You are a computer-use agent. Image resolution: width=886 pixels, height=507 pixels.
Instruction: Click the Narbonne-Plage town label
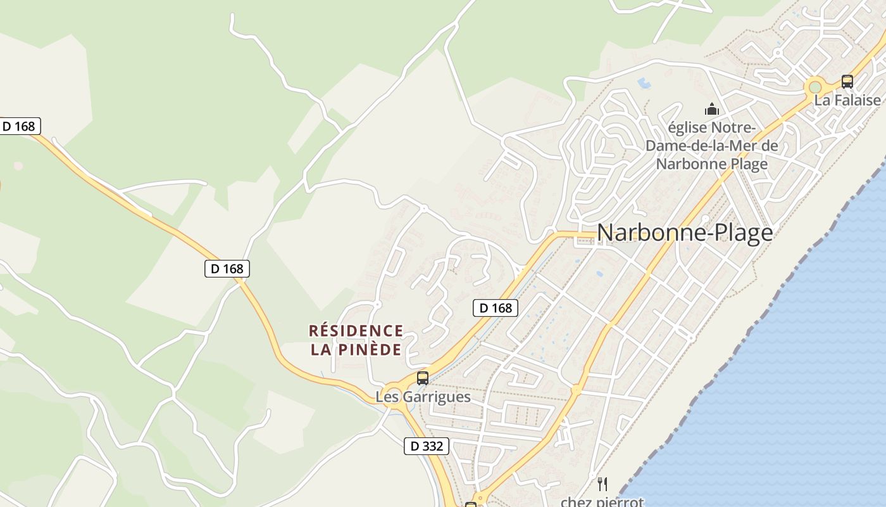point(685,233)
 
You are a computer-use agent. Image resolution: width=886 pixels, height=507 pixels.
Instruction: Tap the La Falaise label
point(847,100)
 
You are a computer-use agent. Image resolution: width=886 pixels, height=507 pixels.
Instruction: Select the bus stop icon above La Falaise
point(847,81)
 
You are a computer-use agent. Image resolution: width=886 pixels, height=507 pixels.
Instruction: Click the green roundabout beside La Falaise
point(815,87)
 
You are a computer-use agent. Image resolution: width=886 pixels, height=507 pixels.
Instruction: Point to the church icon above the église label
point(712,109)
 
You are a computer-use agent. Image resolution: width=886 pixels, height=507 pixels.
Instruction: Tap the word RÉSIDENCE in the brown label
point(356,331)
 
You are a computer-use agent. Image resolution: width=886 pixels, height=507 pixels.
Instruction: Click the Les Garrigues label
point(423,397)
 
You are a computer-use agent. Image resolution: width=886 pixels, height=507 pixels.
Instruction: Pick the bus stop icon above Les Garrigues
point(423,378)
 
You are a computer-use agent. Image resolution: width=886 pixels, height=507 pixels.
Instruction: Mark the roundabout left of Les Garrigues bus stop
point(394,394)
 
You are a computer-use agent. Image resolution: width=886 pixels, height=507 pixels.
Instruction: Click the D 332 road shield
point(427,446)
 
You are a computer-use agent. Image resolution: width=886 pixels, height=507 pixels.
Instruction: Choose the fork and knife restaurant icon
point(602,484)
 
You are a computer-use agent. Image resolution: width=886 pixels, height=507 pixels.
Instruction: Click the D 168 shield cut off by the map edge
point(20,126)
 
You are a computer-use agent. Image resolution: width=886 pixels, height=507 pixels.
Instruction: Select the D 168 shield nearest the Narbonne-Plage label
point(496,308)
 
